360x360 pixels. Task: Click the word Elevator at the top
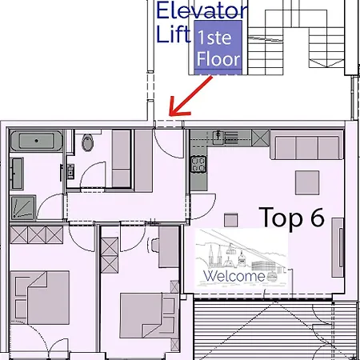coord(202,10)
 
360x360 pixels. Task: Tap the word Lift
coord(174,34)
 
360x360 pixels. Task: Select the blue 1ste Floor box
coord(218,47)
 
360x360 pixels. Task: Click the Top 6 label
coord(292,218)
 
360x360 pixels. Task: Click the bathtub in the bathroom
coord(37,141)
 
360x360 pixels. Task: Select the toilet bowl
coord(87,142)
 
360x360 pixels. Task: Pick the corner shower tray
coord(23,208)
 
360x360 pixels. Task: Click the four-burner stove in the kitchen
coord(198,164)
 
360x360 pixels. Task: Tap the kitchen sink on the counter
coord(218,138)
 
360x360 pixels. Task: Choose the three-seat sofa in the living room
coord(306,145)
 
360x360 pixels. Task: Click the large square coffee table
coord(307,182)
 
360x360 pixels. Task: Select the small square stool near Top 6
coord(230,220)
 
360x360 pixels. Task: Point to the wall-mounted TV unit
coord(338,247)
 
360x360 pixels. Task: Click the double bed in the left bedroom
coord(40,298)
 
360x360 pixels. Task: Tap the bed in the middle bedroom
coord(148,315)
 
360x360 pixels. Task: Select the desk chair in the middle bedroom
coord(153,246)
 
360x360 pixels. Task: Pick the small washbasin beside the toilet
coord(70,171)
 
